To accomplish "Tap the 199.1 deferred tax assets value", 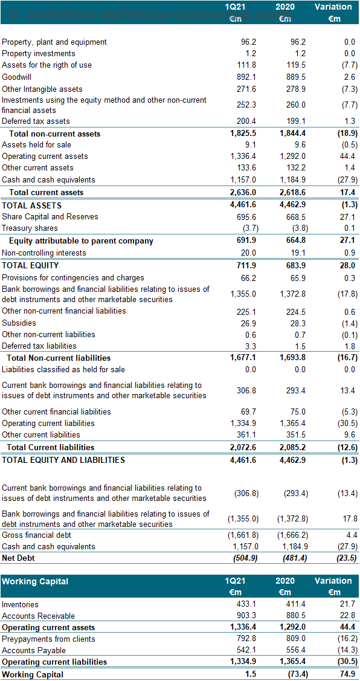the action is tap(297, 121).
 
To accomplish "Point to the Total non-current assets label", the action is tap(55, 134).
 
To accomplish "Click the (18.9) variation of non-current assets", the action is tap(348, 134).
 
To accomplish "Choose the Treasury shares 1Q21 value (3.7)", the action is tap(248, 228).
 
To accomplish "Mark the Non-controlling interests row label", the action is tap(44, 253).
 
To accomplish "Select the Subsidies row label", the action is tap(19, 323).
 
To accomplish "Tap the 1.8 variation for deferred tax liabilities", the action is tap(351, 346).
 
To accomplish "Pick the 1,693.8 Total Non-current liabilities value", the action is tap(294, 358).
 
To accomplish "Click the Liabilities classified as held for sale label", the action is tap(63, 370).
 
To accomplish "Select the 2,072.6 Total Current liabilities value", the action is tap(244, 447).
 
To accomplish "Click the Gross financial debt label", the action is tap(36, 535).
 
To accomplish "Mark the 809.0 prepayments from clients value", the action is tap(297, 639).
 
